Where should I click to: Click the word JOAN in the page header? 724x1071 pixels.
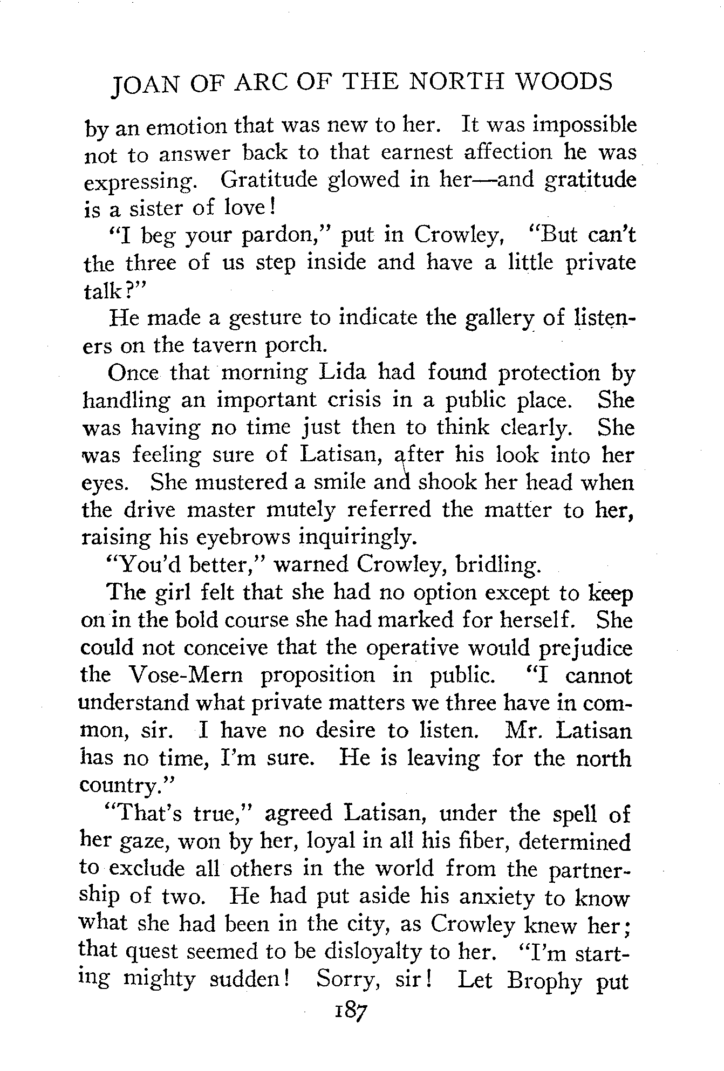point(140,86)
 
